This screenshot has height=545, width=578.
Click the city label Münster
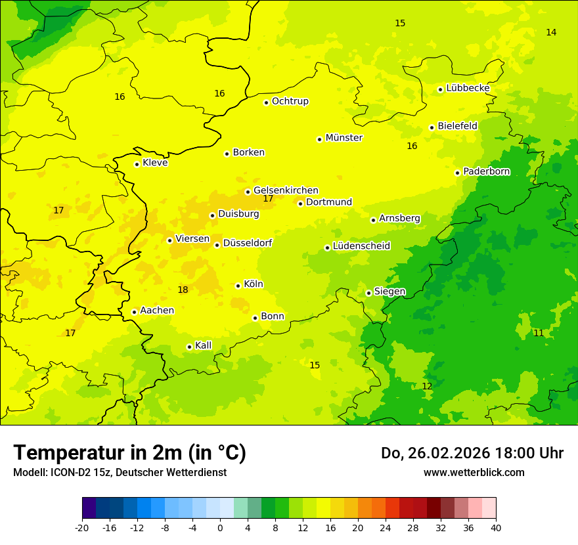(x=344, y=138)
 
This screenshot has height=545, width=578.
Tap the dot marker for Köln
(x=238, y=286)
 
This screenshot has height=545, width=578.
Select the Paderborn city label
(x=486, y=171)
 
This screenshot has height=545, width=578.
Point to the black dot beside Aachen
(x=134, y=312)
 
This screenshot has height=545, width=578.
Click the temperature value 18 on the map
(x=183, y=290)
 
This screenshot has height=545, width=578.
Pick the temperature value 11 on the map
(x=538, y=333)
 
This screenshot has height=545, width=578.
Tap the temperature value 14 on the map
(x=551, y=32)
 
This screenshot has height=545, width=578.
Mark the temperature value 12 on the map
(x=427, y=386)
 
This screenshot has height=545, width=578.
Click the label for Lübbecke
(x=468, y=88)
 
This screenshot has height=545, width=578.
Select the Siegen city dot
(x=368, y=293)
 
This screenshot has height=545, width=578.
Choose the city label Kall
(x=203, y=345)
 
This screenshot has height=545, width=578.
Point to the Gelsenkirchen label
(x=286, y=190)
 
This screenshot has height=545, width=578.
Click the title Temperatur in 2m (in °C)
(x=129, y=452)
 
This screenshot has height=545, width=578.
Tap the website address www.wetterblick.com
(x=474, y=472)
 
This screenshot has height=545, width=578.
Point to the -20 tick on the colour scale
(x=82, y=527)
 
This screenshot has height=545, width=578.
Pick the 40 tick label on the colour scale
(x=495, y=527)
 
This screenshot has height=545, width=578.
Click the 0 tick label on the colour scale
(x=220, y=527)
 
